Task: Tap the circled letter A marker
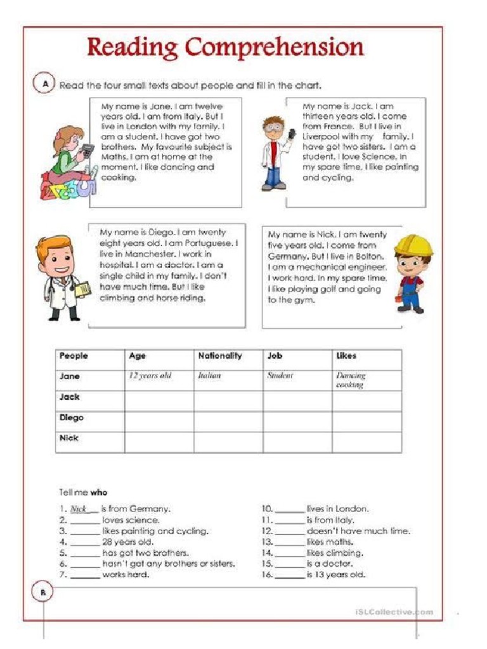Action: (x=44, y=84)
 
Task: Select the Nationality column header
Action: (x=219, y=356)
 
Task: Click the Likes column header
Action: (x=346, y=356)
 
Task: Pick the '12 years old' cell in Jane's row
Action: (x=150, y=376)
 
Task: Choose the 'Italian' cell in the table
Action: (x=209, y=376)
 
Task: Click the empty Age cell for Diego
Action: (x=159, y=421)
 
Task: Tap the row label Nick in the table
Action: (x=68, y=438)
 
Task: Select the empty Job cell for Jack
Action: (x=297, y=401)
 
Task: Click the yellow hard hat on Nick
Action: (x=413, y=245)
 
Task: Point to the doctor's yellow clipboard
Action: (x=82, y=289)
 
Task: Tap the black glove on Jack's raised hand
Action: (x=292, y=135)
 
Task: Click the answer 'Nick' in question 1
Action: (x=79, y=509)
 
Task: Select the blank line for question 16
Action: (x=290, y=575)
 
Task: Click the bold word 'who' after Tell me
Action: (x=98, y=492)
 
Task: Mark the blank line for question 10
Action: (x=290, y=510)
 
